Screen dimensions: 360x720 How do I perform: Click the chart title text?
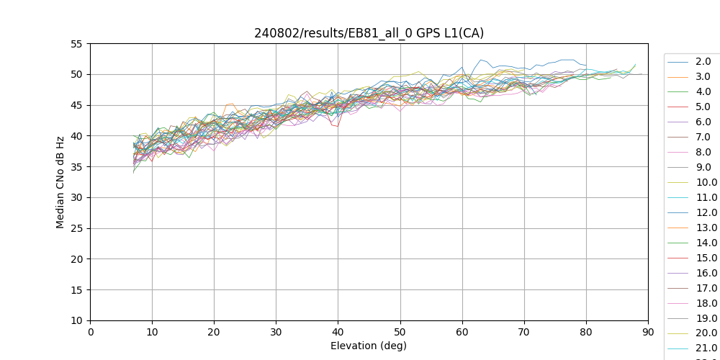pyautogui.click(x=369, y=33)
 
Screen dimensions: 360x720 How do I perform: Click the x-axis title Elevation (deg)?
pyautogui.click(x=369, y=346)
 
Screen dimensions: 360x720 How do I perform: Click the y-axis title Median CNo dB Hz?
pyautogui.click(x=60, y=182)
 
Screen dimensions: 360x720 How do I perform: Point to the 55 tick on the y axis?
pyautogui.click(x=76, y=44)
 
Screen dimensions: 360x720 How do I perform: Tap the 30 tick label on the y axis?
pyautogui.click(x=76, y=197)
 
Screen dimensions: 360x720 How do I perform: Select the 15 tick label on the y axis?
pyautogui.click(x=76, y=290)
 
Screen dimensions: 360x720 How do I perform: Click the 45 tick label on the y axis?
pyautogui.click(x=76, y=105)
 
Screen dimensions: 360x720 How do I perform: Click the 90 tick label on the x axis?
pyautogui.click(x=648, y=332)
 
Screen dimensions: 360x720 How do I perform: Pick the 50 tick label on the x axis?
pyautogui.click(x=400, y=332)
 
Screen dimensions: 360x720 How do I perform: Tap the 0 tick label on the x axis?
pyautogui.click(x=91, y=332)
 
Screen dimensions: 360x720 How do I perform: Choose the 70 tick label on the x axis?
pyautogui.click(x=524, y=332)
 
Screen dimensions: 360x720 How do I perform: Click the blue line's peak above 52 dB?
pyautogui.click(x=481, y=60)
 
